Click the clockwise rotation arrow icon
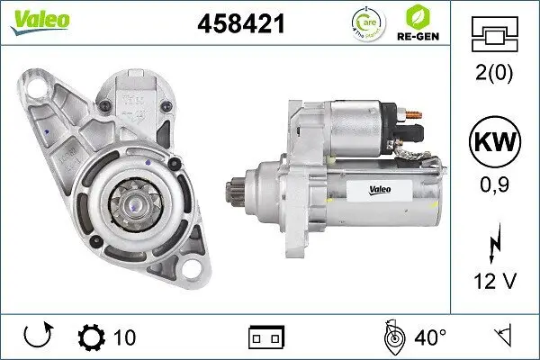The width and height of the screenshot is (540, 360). (x=39, y=337)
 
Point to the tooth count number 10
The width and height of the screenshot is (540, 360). (x=125, y=337)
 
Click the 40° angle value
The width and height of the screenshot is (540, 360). (x=431, y=337)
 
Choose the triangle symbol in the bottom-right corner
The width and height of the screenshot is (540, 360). (x=502, y=337)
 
